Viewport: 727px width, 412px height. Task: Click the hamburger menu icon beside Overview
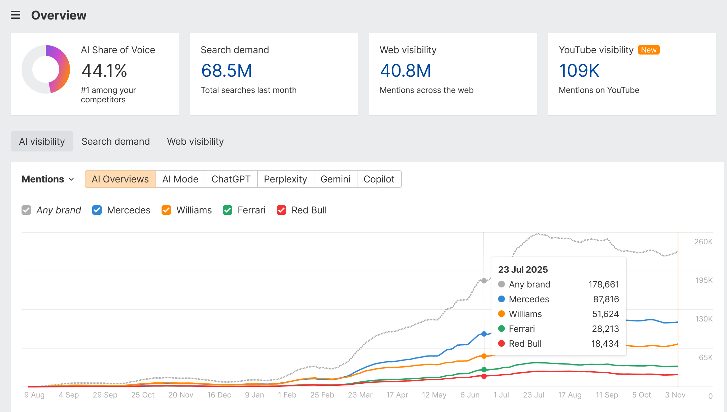(15, 15)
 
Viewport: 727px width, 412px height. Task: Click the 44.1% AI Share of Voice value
(104, 71)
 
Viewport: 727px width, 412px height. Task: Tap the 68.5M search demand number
(227, 71)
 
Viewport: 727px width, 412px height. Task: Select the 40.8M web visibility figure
(406, 71)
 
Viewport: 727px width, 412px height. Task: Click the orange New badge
(649, 50)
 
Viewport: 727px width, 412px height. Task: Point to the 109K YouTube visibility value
(579, 71)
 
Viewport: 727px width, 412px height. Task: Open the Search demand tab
(115, 141)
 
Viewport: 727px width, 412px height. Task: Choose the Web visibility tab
(195, 141)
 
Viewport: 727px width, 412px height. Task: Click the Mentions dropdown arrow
(71, 179)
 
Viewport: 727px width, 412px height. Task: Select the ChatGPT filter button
(231, 179)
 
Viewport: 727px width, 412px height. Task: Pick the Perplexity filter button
(285, 179)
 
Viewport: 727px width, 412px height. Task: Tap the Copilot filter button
(379, 179)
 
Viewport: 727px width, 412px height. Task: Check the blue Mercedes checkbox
(97, 210)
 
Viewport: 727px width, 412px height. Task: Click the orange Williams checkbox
(166, 210)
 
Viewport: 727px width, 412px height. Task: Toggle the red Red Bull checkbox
(281, 210)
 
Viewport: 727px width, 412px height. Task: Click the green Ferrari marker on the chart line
(484, 370)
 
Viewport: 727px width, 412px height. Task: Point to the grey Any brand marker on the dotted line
(484, 281)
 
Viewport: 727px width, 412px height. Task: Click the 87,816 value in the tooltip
(606, 299)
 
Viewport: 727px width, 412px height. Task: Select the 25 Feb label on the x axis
(322, 395)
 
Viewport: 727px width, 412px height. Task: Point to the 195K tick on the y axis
(704, 280)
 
